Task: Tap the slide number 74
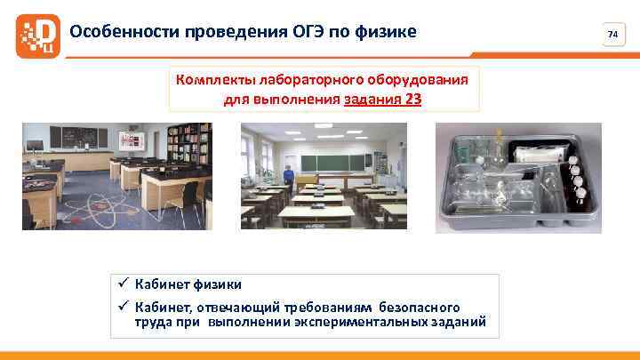(612, 35)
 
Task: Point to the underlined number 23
(412, 99)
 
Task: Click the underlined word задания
(372, 99)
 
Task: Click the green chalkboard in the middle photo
(334, 163)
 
